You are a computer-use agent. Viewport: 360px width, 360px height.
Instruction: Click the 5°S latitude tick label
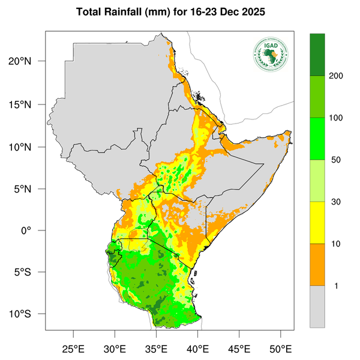30,272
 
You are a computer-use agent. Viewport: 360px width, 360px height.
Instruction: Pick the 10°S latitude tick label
28,314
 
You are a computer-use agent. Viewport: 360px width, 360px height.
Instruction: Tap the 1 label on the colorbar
336,286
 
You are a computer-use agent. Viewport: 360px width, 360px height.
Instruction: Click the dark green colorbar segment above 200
317,55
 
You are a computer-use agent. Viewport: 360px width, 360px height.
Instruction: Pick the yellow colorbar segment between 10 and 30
317,222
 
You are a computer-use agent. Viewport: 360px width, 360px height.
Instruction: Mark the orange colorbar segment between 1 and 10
317,264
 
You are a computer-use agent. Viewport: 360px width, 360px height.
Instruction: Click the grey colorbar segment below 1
317,306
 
